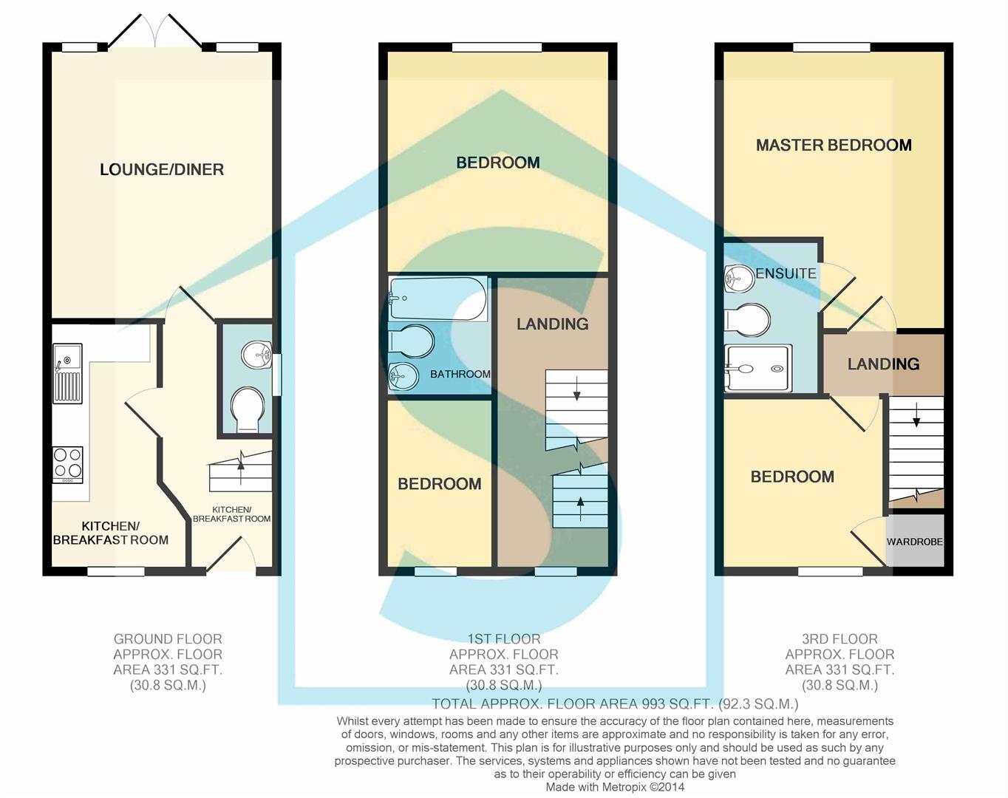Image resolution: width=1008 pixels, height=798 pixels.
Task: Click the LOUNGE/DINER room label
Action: tap(161, 169)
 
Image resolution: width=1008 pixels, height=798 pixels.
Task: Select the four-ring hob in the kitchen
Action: tap(67, 465)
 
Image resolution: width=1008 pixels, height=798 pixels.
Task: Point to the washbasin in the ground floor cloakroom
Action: tap(256, 355)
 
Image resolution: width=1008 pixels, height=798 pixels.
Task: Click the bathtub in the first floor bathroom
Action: tap(437, 299)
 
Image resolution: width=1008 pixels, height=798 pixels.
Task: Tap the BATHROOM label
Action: tap(460, 374)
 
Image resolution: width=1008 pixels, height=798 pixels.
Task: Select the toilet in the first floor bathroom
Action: tap(411, 341)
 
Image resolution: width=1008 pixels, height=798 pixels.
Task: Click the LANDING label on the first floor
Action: tap(552, 324)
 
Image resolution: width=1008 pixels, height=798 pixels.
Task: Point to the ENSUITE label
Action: tap(786, 273)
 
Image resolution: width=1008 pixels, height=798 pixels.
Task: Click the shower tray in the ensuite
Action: tap(758, 368)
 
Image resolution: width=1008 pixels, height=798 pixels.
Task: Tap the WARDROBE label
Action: tap(914, 542)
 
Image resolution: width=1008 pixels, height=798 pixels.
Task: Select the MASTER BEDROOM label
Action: tap(833, 145)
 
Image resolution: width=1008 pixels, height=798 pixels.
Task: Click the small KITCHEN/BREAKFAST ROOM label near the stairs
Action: tap(231, 514)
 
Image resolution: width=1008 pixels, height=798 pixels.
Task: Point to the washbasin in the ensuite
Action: tap(739, 279)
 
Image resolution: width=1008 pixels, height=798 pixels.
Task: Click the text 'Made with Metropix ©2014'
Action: tap(615, 788)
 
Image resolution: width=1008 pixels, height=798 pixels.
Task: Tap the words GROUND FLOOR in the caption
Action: tap(168, 639)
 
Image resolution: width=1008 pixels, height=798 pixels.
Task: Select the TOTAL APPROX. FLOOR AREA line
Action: tap(615, 703)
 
